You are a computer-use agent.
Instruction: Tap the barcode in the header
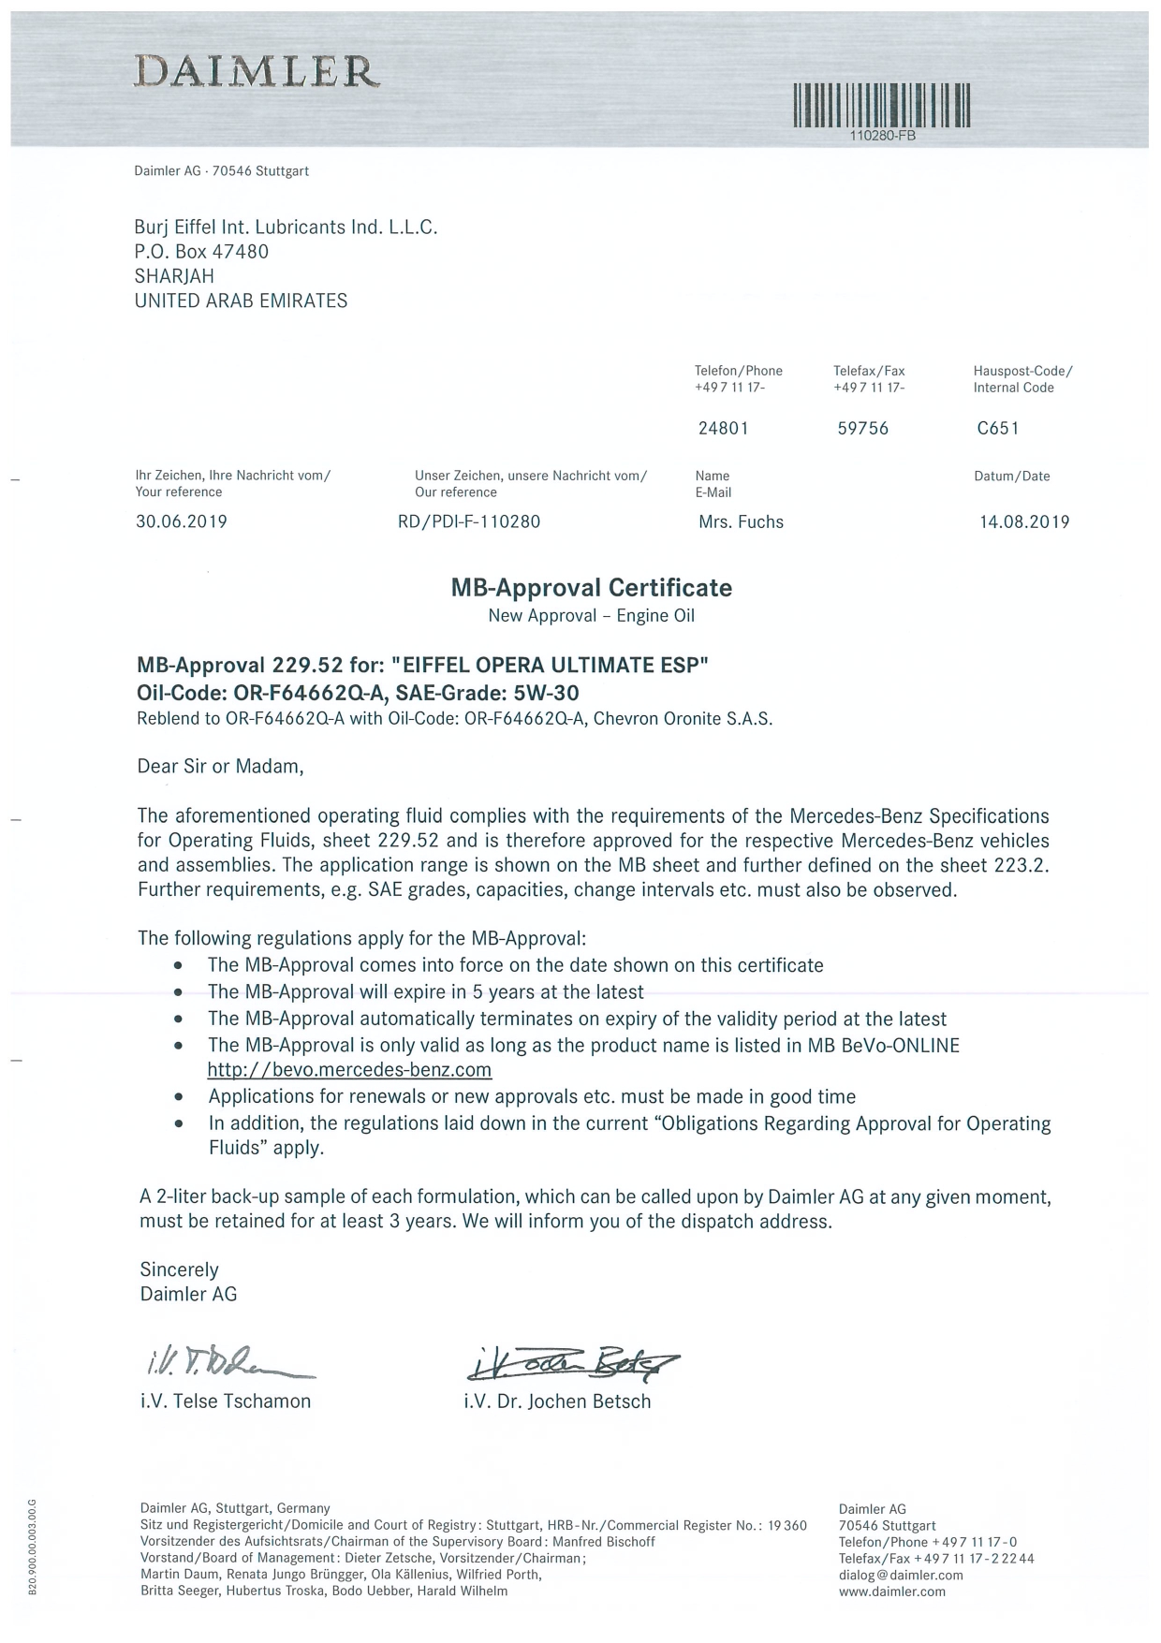pos(881,106)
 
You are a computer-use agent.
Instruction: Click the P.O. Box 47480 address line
pos(201,252)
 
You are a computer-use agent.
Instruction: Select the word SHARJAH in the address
pos(174,276)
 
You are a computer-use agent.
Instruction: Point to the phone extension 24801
pos(724,429)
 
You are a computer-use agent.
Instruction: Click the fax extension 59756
pos(862,429)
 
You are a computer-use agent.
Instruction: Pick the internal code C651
pos(997,429)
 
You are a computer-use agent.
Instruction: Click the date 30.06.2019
pos(182,522)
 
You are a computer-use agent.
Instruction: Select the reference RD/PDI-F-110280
pos(469,522)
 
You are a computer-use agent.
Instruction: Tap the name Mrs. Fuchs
pos(741,522)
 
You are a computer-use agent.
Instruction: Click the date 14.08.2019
pos(1024,522)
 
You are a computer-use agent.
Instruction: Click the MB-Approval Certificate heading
pos(592,588)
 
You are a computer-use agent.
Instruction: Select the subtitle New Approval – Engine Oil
pos(592,616)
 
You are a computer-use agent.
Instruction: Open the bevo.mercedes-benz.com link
pos(349,1070)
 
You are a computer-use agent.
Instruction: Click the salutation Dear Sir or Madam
pos(221,767)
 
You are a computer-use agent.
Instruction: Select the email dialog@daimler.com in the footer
pos(901,1575)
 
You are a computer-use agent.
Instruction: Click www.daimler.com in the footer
pos(892,1592)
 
